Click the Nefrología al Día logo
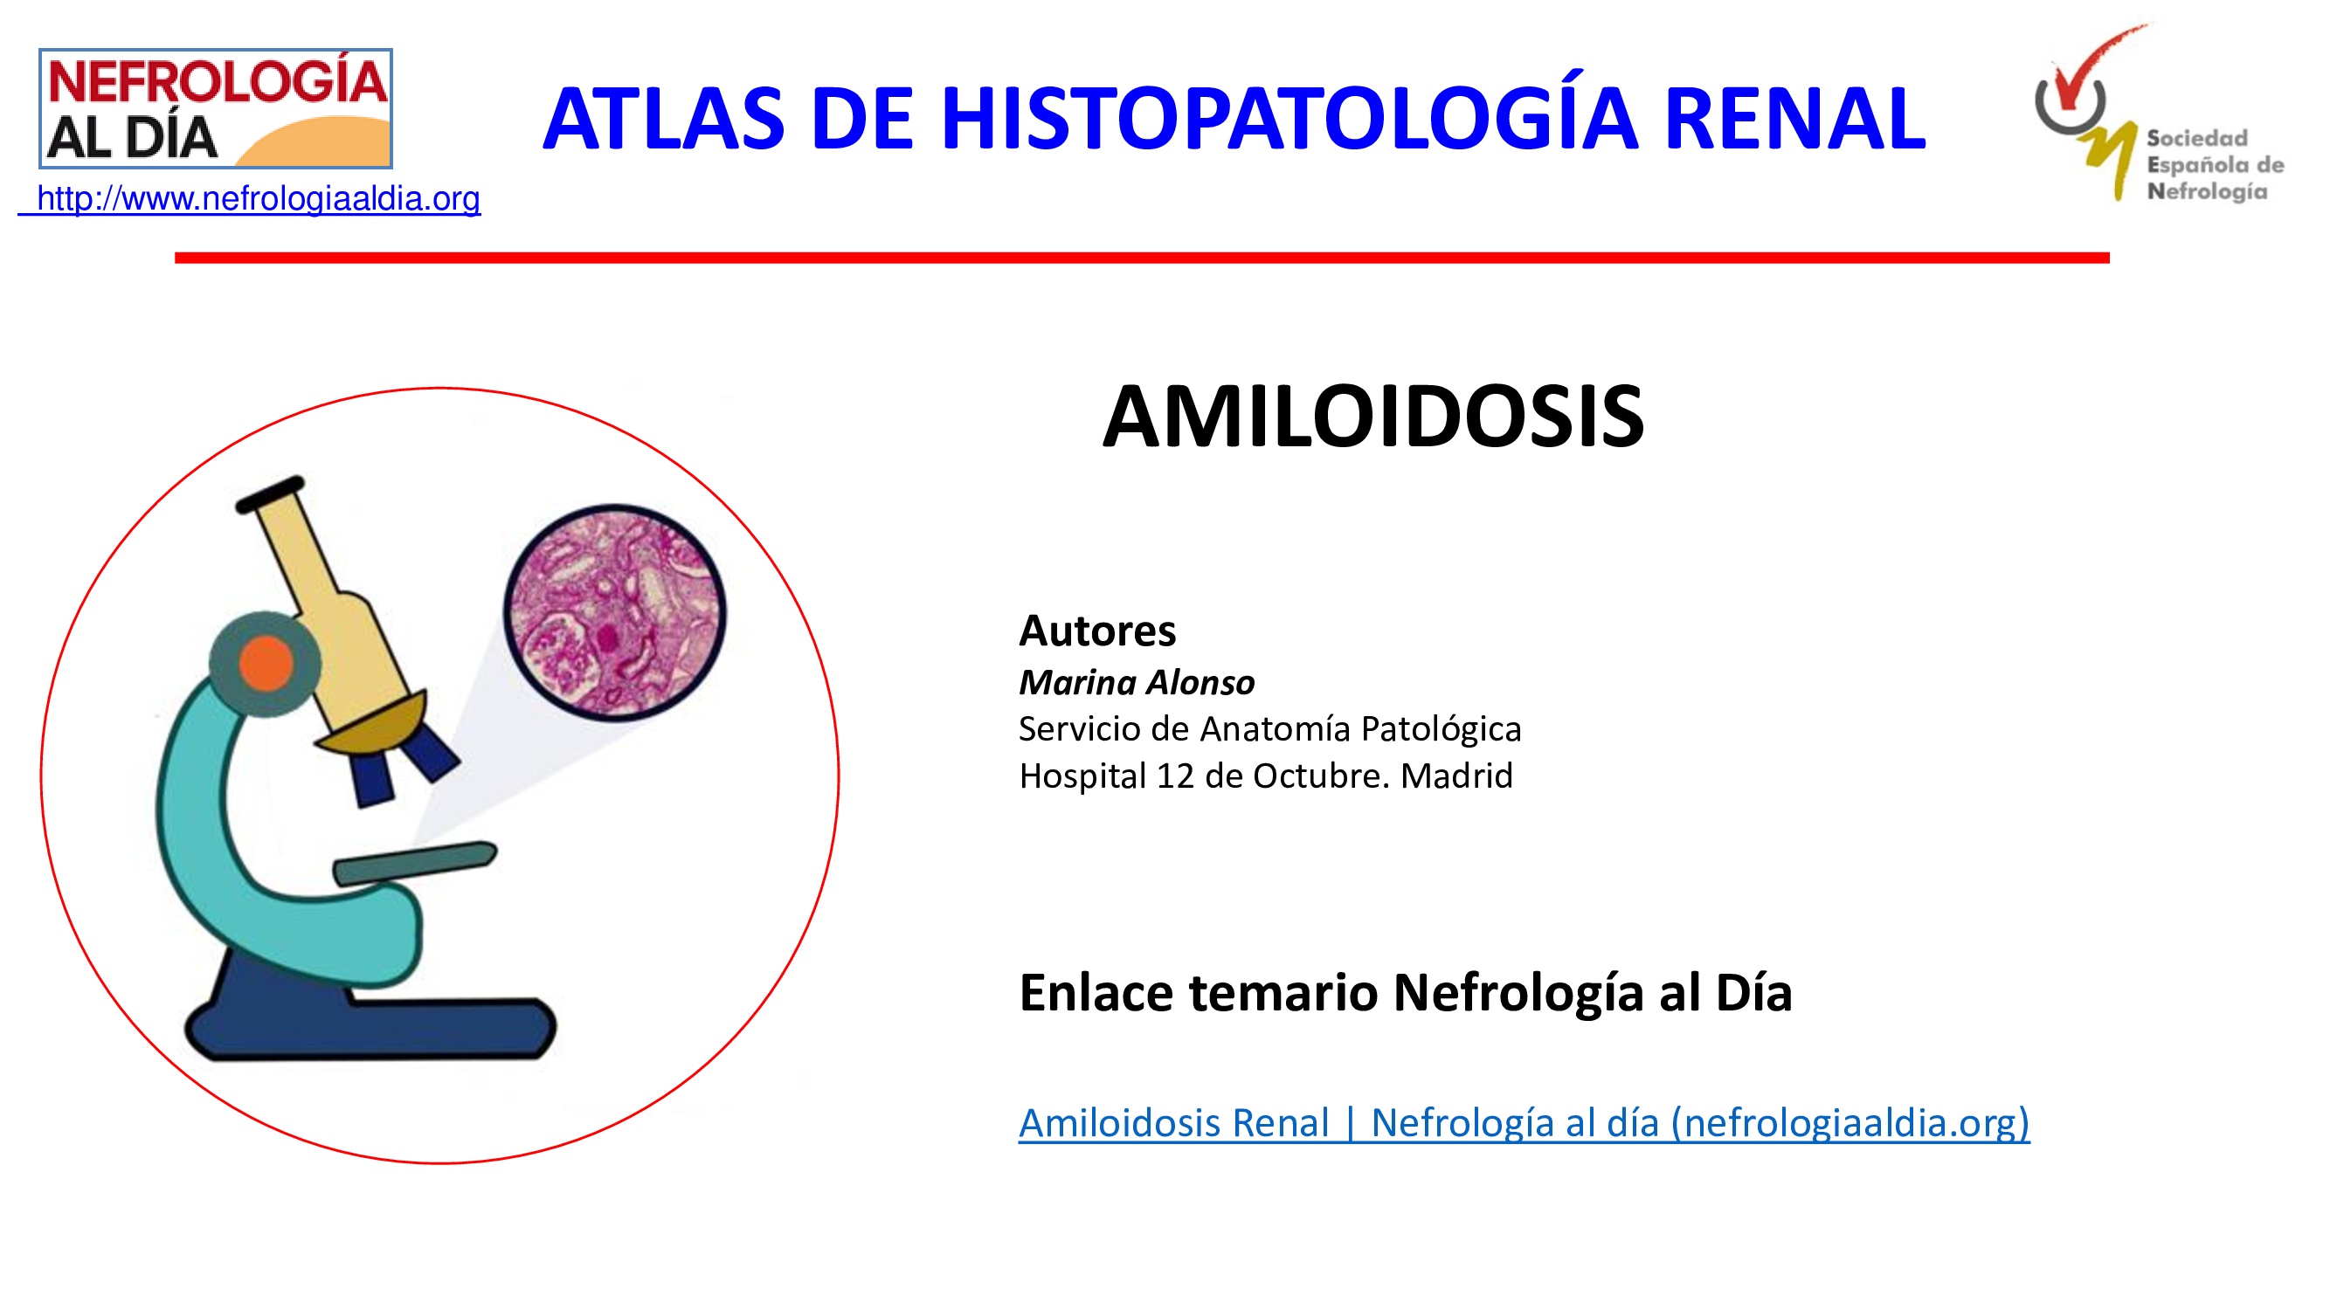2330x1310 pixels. pyautogui.click(x=215, y=108)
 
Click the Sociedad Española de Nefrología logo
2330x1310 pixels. pyautogui.click(x=2158, y=112)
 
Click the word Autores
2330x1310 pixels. pyautogui.click(x=1097, y=631)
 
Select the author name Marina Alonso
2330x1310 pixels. pyautogui.click(x=1137, y=682)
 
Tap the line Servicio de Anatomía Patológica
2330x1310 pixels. pyautogui.click(x=1270, y=728)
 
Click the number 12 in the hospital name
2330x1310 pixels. pyautogui.click(x=1174, y=776)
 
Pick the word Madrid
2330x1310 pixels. pyautogui.click(x=1456, y=776)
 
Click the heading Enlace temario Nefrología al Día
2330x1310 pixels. pyautogui.click(x=1405, y=993)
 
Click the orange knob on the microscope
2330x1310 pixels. pyautogui.click(x=266, y=663)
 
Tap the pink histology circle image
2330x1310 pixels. pyautogui.click(x=615, y=612)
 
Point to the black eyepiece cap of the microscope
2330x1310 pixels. pyautogui.click(x=271, y=493)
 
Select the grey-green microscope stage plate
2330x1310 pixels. pyautogui.click(x=415, y=863)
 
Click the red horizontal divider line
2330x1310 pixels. pyautogui.click(x=1142, y=258)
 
